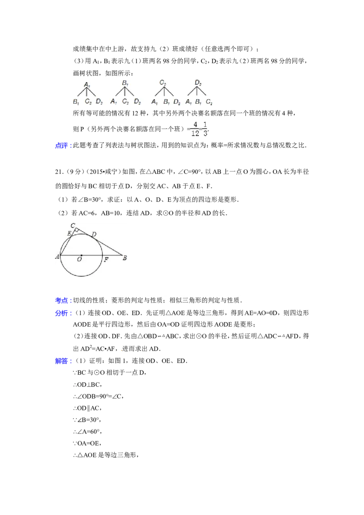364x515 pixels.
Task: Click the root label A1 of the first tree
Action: coord(87,84)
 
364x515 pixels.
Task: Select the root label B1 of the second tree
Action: coord(125,83)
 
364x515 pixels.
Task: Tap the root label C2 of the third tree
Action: coord(163,83)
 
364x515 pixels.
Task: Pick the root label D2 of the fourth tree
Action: coord(198,83)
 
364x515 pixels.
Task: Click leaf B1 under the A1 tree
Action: coord(76,102)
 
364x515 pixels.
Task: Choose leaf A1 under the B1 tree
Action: coord(114,102)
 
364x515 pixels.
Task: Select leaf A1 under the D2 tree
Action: coord(188,102)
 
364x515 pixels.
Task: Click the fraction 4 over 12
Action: coord(195,129)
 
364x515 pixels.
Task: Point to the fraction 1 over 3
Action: coord(206,129)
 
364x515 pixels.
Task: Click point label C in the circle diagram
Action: coord(73,225)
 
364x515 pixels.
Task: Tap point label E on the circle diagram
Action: coord(69,233)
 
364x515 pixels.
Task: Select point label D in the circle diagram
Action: coord(94,234)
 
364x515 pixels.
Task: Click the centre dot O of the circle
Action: coord(81,255)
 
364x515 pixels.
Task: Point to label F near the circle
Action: coord(106,260)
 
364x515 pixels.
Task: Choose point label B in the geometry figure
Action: coord(125,258)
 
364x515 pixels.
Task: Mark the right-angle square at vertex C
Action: coord(77,231)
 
